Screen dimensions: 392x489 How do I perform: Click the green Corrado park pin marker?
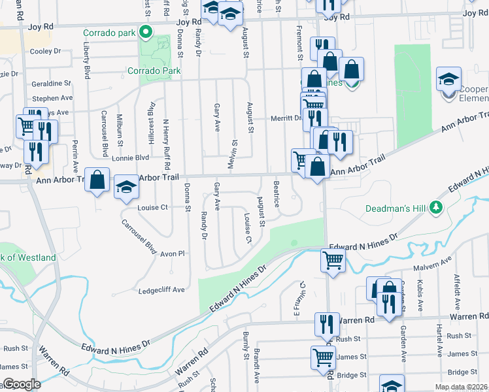pos(146,32)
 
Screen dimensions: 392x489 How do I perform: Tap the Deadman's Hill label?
pos(396,208)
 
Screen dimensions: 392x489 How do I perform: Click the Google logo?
pos(22,384)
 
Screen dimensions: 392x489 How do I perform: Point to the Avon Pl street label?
pos(173,253)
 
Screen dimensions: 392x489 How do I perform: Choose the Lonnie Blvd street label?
pos(130,157)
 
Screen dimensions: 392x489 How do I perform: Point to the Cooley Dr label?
pos(45,51)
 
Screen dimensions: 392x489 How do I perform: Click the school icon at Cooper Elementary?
pos(448,80)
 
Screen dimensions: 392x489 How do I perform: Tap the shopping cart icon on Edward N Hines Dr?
pos(333,261)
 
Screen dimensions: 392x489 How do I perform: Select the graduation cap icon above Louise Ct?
pos(127,188)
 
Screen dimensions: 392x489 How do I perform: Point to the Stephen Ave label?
pos(52,98)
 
